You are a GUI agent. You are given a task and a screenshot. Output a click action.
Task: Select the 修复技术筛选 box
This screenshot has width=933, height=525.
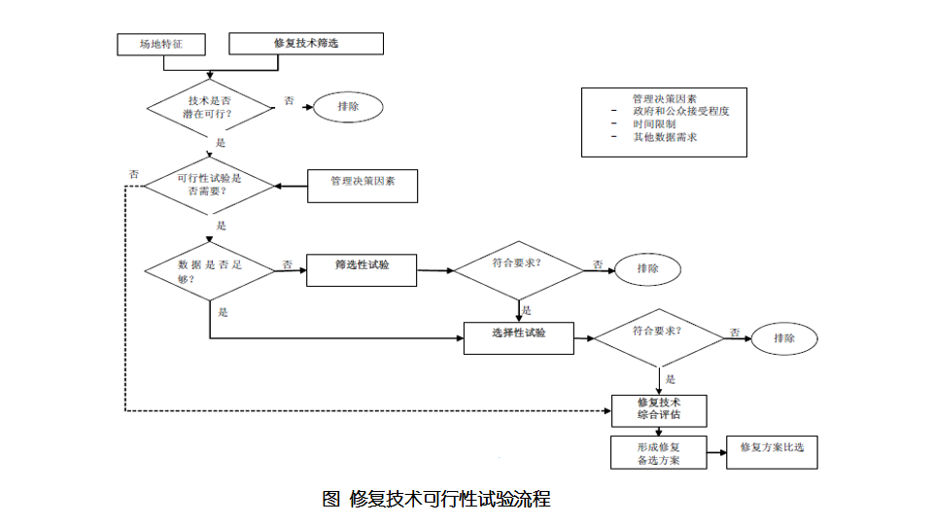tap(306, 44)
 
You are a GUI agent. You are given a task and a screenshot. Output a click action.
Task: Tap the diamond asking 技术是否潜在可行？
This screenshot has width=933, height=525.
tap(211, 107)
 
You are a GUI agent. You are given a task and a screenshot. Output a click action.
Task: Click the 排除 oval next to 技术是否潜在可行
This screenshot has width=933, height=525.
tap(348, 107)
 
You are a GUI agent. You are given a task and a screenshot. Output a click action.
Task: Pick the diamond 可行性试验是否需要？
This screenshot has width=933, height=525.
tap(209, 185)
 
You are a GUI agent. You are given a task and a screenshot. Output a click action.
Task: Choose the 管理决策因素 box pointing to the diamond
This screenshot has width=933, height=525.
tap(362, 185)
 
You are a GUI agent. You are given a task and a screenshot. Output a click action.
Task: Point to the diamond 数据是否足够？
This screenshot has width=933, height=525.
tap(209, 270)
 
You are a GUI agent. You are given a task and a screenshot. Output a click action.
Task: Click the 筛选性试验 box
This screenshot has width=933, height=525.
tap(362, 269)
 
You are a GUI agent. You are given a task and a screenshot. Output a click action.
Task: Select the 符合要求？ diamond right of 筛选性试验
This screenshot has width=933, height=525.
tap(518, 269)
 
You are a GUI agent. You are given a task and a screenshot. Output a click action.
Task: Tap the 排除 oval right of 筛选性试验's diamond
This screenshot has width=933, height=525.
tap(647, 269)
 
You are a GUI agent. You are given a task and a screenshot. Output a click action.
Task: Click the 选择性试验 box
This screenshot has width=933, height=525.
tap(518, 336)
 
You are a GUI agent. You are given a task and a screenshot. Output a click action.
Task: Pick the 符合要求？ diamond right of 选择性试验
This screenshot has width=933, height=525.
tap(659, 336)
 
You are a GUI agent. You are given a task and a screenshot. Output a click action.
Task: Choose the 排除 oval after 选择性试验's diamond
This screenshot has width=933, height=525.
tap(784, 338)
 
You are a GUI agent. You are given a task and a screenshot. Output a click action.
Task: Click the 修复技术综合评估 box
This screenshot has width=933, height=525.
tap(658, 409)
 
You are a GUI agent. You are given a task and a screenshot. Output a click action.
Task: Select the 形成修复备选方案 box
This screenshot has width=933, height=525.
tap(658, 453)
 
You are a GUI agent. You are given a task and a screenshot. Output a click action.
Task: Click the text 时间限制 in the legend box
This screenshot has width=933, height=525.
tap(654, 124)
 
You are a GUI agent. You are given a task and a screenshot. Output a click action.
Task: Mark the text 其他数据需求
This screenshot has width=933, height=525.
tap(665, 137)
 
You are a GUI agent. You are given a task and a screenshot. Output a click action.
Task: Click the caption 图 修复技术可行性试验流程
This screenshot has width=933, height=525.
tap(436, 500)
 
